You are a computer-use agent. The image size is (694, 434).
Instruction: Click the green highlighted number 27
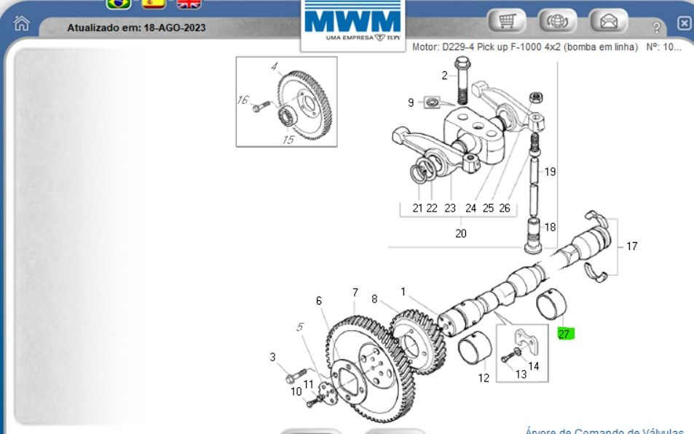pyautogui.click(x=565, y=334)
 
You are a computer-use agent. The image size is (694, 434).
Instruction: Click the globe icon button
pyautogui.click(x=559, y=23)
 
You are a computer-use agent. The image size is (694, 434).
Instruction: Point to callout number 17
pyautogui.click(x=631, y=246)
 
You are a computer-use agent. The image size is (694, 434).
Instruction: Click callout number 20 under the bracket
pyautogui.click(x=461, y=233)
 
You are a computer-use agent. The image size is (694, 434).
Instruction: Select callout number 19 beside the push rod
pyautogui.click(x=550, y=172)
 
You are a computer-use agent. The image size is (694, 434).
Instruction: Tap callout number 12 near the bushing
pyautogui.click(x=484, y=378)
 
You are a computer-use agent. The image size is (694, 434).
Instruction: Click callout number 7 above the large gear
pyautogui.click(x=355, y=292)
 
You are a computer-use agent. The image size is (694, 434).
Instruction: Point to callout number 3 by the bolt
pyautogui.click(x=273, y=357)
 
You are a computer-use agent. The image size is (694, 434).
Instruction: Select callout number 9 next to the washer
pyautogui.click(x=411, y=103)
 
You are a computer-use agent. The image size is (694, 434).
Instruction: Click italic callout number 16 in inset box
pyautogui.click(x=242, y=101)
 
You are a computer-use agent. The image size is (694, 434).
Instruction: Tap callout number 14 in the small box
pyautogui.click(x=534, y=366)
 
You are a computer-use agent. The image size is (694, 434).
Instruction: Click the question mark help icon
pyautogui.click(x=657, y=27)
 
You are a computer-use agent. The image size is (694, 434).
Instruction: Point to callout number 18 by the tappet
pyautogui.click(x=550, y=227)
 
